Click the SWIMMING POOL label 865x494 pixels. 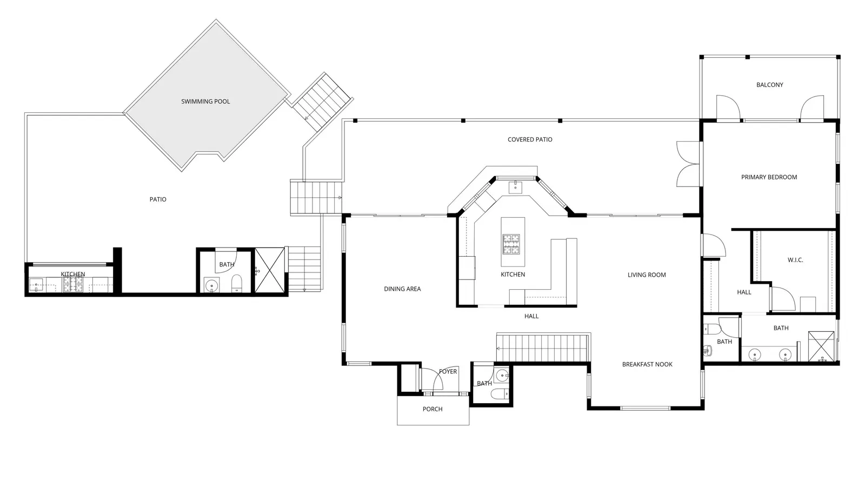coord(205,102)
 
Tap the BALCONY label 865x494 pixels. coord(770,85)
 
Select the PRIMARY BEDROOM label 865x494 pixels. coord(769,177)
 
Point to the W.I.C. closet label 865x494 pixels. coord(795,260)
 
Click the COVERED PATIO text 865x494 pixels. coord(530,139)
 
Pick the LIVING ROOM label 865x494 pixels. coord(647,275)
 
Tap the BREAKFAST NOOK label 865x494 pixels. coord(647,364)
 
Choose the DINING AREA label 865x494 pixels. coord(402,289)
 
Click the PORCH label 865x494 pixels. coord(432,409)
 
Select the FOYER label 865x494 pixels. coord(448,371)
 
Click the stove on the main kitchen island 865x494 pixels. coord(510,244)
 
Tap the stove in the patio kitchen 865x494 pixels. coord(73,284)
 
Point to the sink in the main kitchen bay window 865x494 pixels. coord(515,187)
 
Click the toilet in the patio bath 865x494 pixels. coord(236,284)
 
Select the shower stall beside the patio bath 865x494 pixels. coord(270,270)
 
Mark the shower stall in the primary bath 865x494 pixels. coord(821,346)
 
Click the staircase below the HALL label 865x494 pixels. coord(543,348)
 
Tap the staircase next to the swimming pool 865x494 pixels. coord(322,102)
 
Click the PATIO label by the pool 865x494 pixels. coord(158,199)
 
